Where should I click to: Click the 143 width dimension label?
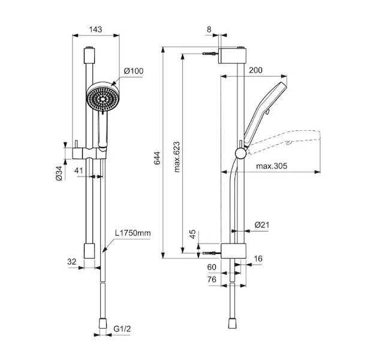click(x=95, y=29)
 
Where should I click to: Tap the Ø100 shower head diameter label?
click(x=133, y=71)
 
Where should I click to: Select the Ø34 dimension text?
click(x=59, y=173)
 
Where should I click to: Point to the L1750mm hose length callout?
click(x=133, y=233)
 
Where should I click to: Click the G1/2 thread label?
click(x=122, y=329)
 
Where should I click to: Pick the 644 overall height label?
click(x=157, y=158)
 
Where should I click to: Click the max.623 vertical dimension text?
click(x=177, y=157)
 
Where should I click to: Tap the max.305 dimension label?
click(x=272, y=166)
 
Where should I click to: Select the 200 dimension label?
click(x=255, y=70)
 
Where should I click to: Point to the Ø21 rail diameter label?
click(x=262, y=225)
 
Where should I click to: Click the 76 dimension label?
click(x=212, y=280)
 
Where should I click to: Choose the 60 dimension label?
click(x=212, y=267)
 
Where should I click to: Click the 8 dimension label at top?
click(x=209, y=29)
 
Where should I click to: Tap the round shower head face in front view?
click(x=103, y=98)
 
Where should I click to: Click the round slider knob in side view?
click(x=241, y=154)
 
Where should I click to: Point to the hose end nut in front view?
click(x=103, y=323)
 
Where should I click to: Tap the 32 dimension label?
click(x=72, y=262)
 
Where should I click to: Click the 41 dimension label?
click(x=79, y=170)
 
